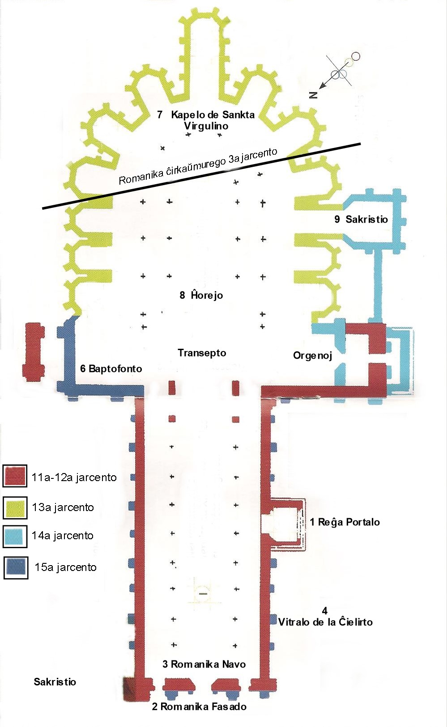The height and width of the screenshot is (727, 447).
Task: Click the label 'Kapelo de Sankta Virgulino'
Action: [x=207, y=120]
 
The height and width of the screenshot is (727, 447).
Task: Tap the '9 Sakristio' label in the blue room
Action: [x=361, y=219]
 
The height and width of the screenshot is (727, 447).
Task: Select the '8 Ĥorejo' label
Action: [x=201, y=295]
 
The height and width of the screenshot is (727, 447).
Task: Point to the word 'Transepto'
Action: [x=202, y=353]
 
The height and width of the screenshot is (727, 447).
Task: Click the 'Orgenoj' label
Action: [x=312, y=355]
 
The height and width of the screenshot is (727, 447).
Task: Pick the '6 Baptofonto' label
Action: [x=111, y=368]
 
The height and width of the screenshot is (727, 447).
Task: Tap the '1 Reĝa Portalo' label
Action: [x=345, y=522]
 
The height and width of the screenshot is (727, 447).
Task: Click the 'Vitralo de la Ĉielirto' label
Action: [x=325, y=622]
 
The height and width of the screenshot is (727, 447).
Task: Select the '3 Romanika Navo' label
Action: [x=204, y=664]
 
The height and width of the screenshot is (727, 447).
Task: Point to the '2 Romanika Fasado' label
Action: [x=199, y=706]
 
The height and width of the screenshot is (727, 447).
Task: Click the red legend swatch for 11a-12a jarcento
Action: [x=15, y=476]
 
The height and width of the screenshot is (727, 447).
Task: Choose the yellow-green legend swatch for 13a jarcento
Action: [x=15, y=507]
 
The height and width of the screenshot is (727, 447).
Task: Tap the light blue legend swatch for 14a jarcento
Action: [x=15, y=536]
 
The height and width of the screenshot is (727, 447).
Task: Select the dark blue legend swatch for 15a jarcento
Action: [x=16, y=567]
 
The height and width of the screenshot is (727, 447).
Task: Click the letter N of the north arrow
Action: [x=314, y=94]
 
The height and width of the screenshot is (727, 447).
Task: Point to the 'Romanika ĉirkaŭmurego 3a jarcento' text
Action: [x=198, y=166]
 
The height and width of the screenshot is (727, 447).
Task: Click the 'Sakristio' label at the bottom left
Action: [x=55, y=682]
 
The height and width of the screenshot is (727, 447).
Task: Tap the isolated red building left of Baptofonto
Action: [x=34, y=351]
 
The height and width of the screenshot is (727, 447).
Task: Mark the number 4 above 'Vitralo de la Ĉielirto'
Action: [x=325, y=611]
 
